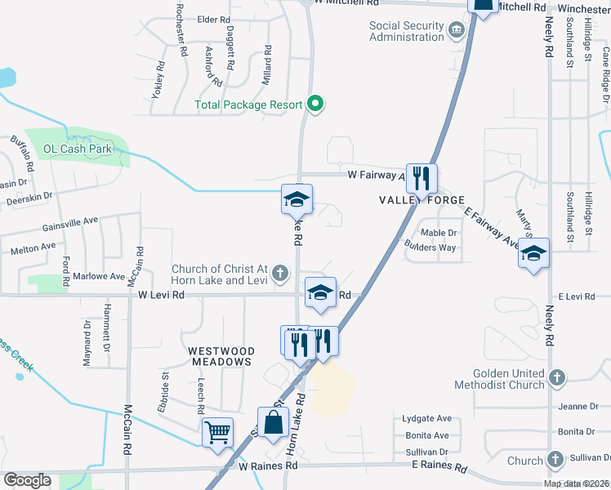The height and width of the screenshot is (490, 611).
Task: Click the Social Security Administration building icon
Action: click(x=456, y=31)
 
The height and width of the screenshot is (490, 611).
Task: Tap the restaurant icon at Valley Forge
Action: click(x=421, y=177)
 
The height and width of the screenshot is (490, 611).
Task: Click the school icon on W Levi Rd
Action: click(x=321, y=292)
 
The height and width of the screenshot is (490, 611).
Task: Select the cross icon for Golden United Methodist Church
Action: click(x=556, y=378)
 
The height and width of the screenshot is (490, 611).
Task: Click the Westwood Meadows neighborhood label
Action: click(x=221, y=356)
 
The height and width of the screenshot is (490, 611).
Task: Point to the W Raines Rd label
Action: click(x=269, y=465)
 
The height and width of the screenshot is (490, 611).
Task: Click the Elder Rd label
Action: click(x=213, y=20)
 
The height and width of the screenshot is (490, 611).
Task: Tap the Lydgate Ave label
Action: click(x=426, y=418)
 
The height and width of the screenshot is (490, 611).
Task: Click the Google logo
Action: click(x=27, y=479)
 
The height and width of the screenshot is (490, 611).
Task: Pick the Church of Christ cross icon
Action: click(x=279, y=274)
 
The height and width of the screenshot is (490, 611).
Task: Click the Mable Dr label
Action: click(x=438, y=233)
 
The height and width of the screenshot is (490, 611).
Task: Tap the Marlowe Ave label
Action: click(x=99, y=276)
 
